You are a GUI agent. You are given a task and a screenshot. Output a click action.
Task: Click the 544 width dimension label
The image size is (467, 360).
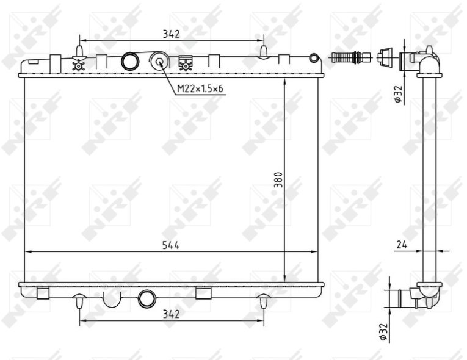click(171, 245)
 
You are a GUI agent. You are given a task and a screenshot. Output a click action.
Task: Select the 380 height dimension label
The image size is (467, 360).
click(278, 179)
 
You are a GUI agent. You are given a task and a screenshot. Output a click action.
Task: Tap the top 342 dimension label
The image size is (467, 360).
click(172, 34)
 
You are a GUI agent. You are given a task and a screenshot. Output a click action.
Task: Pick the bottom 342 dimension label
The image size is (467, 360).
click(171, 314)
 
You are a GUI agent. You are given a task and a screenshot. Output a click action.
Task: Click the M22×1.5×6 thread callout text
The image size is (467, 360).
click(200, 88)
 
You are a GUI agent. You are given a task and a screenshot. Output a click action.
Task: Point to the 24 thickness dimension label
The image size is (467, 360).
click(402, 245)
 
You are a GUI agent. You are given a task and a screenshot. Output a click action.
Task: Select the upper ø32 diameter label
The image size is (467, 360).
click(399, 95)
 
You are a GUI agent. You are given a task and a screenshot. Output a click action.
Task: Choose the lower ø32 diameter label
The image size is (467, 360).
click(383, 332)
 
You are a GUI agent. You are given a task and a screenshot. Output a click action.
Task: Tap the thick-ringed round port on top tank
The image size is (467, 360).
click(130, 61)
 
